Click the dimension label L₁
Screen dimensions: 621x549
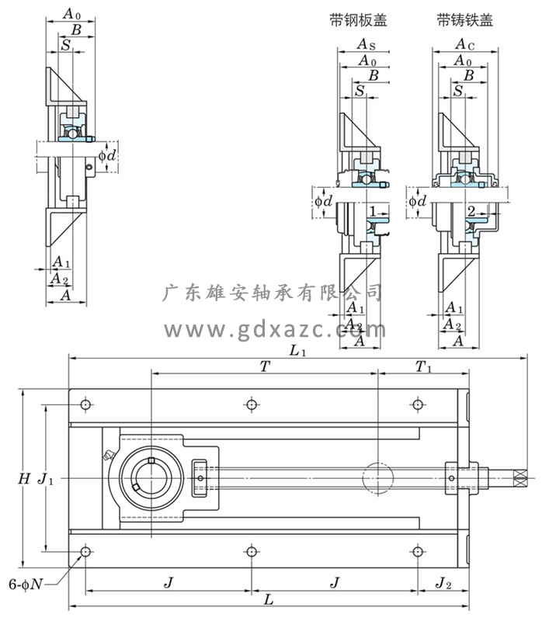[297, 351]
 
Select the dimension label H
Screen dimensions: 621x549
[25, 479]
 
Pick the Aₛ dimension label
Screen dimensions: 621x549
[367, 47]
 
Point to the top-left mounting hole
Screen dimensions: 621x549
[85, 404]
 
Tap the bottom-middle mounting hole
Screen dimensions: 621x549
[251, 552]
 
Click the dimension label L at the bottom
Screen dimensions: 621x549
[268, 600]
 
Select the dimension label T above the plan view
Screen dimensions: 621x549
[265, 366]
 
